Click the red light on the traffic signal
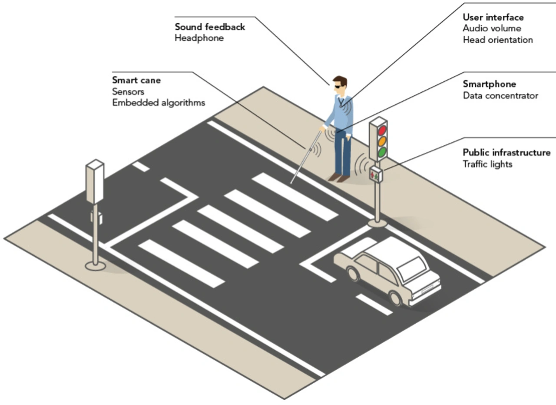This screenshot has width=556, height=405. coord(382,130)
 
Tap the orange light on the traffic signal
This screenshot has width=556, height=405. coord(382,141)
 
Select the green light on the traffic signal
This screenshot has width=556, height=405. coord(382,152)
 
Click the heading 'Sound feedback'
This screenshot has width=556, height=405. coord(210,27)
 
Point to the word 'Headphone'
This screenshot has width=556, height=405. coord(199,38)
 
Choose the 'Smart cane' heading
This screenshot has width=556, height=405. coord(136,80)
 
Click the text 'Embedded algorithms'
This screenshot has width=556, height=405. coord(159,103)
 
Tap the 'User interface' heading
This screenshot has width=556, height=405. coord(493,17)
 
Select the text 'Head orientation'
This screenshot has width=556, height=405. coord(498,40)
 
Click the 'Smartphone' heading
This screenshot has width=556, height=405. coord(490,84)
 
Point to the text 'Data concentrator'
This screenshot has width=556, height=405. coord(500,95)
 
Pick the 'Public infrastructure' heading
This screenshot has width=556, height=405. coord(506,152)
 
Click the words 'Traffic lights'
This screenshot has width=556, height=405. coord(487,164)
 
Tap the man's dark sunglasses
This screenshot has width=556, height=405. coord(338,87)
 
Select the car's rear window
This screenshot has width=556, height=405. coord(412,269)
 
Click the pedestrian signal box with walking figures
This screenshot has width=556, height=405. coord(376,174)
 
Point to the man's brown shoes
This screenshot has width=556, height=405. coord(338,177)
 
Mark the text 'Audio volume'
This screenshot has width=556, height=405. coord(492,28)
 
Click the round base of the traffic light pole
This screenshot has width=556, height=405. coord(377,223)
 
